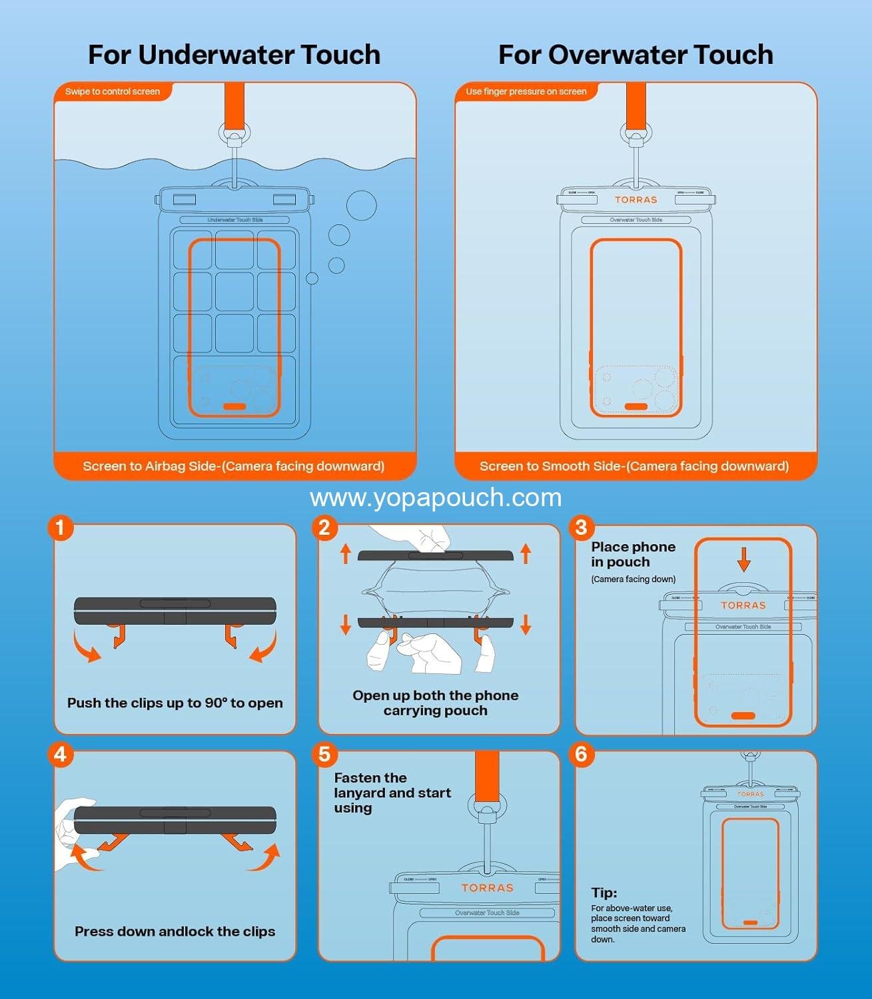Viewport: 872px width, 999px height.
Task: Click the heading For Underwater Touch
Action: point(234,55)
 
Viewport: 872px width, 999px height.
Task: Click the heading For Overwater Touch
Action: point(636,55)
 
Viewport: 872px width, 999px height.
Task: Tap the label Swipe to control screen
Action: point(113,91)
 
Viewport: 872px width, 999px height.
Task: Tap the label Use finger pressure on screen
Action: point(526,91)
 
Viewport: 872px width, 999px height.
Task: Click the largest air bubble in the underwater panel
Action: point(361,205)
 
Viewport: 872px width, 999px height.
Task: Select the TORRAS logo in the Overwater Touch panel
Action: point(636,200)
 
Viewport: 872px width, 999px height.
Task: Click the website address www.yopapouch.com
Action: point(436,498)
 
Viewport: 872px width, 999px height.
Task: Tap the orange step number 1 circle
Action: point(61,528)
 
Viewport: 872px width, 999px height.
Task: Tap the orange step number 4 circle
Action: point(61,755)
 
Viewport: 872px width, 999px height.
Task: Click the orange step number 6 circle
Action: point(581,755)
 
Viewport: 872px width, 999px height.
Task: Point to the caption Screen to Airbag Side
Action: point(234,466)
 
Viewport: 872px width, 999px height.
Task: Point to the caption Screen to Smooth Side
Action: point(634,466)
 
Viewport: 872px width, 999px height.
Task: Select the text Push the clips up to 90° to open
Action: point(175,703)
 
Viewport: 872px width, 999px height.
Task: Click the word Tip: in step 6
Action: point(604,892)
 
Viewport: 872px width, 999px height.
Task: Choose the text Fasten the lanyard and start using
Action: point(392,793)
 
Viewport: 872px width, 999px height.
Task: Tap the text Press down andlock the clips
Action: point(175,931)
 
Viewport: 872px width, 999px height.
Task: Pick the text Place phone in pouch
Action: point(633,554)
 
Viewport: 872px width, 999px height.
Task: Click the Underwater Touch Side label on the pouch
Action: point(234,220)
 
